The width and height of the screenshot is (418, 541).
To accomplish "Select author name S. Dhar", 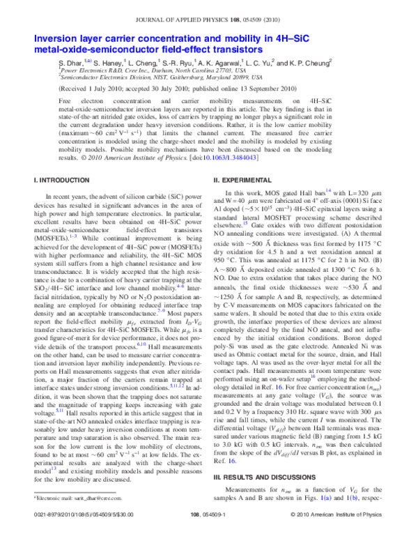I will point(73,63).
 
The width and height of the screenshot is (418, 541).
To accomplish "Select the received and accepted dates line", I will point(180,90).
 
